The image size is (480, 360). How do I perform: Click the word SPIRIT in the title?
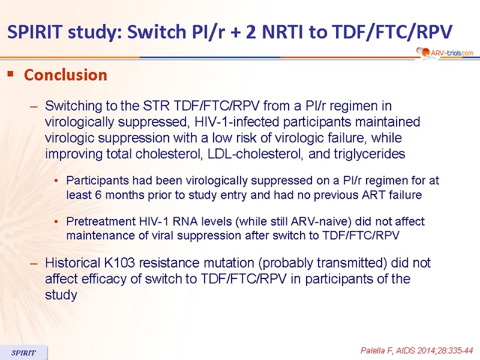pyautogui.click(x=35, y=32)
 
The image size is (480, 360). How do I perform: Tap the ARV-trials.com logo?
pyautogui.click(x=445, y=53)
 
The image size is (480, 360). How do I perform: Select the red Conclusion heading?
pyautogui.click(x=65, y=75)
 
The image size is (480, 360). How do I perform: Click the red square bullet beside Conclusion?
pyautogui.click(x=11, y=73)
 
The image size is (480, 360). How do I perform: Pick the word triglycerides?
pyautogui.click(x=356, y=154)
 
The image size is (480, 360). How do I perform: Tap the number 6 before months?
pyautogui.click(x=98, y=194)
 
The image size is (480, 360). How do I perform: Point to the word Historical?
pyautogui.click(x=73, y=263)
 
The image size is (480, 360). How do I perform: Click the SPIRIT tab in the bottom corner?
pyautogui.click(x=23, y=353)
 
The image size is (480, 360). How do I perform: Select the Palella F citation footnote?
pyautogui.click(x=417, y=350)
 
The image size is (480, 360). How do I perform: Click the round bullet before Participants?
pyautogui.click(x=56, y=181)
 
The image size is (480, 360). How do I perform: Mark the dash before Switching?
pyautogui.click(x=34, y=107)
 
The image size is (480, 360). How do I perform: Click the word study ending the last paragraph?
pyautogui.click(x=61, y=295)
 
